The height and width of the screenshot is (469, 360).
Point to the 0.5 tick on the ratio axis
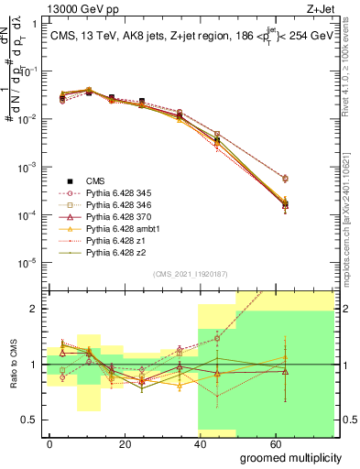pyautogui.click(x=32, y=420)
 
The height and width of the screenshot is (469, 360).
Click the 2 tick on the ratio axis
pyautogui.click(x=35, y=309)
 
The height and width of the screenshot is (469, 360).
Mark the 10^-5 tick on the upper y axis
pyautogui.click(x=27, y=263)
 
